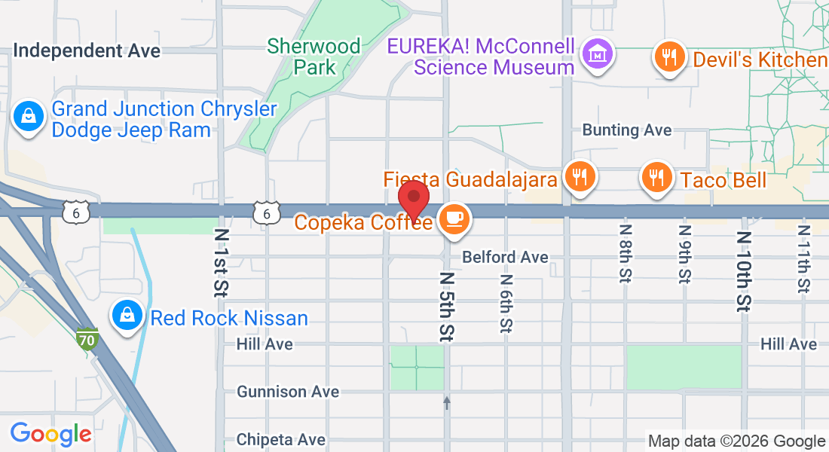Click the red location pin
click(x=414, y=198)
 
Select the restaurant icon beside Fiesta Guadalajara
click(x=579, y=177)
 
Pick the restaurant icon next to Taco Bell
click(x=657, y=177)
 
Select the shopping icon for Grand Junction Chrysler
click(x=28, y=117)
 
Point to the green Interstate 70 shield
click(x=87, y=339)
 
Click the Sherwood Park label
click(x=314, y=56)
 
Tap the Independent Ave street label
click(x=87, y=50)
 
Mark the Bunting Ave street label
click(x=626, y=130)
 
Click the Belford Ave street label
click(x=505, y=257)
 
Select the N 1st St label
click(x=222, y=261)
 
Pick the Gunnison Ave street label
click(x=288, y=392)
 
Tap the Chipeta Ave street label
click(x=281, y=439)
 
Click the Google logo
click(x=50, y=433)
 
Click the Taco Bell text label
click(x=723, y=180)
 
